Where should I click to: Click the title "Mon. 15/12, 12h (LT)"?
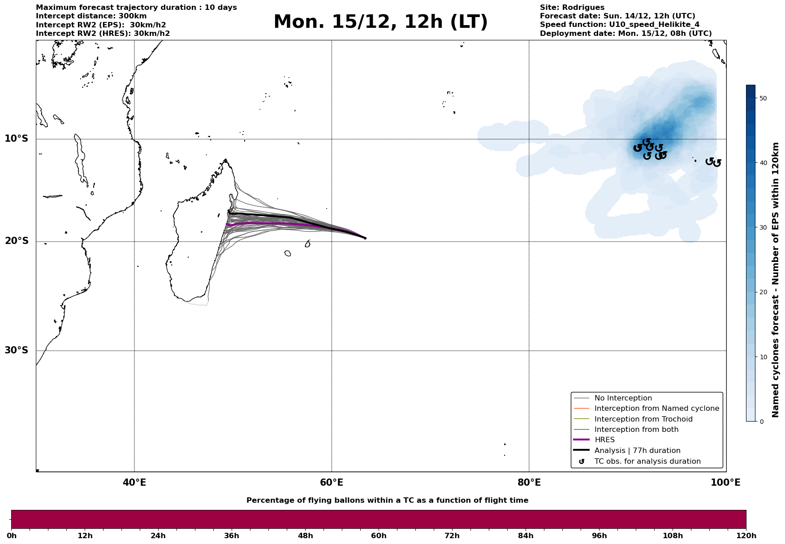click(x=380, y=22)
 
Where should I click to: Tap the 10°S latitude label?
click(x=17, y=139)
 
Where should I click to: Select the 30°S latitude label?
click(x=17, y=350)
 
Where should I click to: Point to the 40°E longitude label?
click(x=134, y=483)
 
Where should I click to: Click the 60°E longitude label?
click(x=332, y=483)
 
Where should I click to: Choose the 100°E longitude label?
click(x=726, y=483)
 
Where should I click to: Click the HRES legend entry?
click(x=604, y=440)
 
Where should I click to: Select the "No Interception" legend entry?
click(x=623, y=398)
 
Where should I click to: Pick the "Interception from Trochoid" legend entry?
click(x=643, y=419)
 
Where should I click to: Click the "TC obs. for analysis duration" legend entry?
click(x=647, y=461)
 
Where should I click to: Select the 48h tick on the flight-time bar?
click(x=305, y=536)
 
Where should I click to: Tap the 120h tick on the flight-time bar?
click(x=746, y=536)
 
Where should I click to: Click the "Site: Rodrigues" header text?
click(x=572, y=8)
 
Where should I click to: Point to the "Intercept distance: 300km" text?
click(x=91, y=16)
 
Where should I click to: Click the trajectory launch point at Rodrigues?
click(x=365, y=238)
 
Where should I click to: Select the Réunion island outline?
click(x=287, y=253)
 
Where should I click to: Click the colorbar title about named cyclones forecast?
click(x=776, y=280)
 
